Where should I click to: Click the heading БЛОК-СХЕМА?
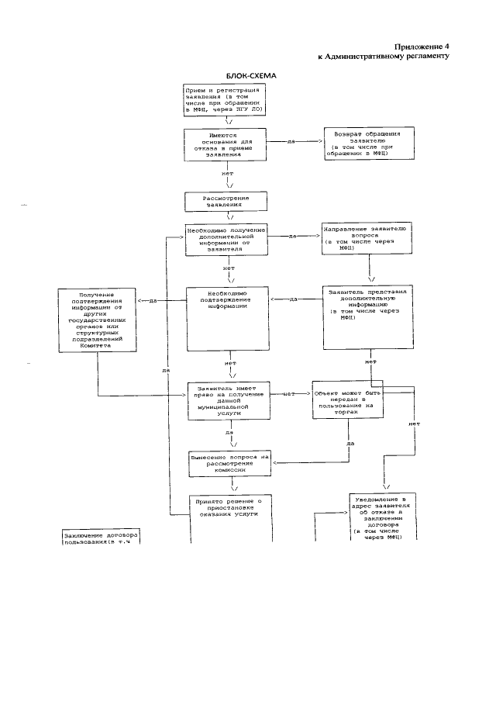[x=250, y=75]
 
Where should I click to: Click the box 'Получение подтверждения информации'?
[x=96, y=320]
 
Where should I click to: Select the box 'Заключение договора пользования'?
[x=104, y=538]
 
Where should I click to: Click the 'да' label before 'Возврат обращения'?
[x=291, y=142]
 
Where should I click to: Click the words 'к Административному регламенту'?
[x=384, y=57]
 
